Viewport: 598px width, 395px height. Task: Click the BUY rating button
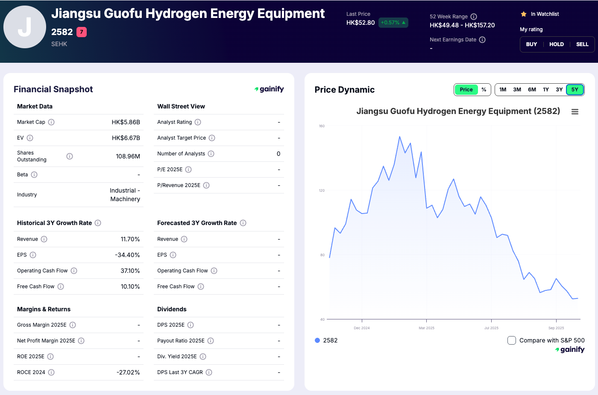[531, 44]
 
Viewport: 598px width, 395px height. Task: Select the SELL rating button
[582, 44]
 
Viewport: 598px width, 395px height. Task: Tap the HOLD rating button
[556, 44]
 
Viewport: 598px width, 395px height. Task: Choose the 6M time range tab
[532, 90]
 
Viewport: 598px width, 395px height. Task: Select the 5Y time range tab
[575, 90]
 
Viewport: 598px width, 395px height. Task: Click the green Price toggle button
[466, 90]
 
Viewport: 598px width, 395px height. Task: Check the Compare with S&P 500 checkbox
[512, 340]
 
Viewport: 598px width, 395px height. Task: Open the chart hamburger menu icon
[575, 111]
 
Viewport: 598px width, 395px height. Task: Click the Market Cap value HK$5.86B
[126, 122]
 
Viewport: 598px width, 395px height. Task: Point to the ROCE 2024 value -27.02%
[128, 372]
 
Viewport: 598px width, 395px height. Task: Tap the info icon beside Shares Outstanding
[70, 156]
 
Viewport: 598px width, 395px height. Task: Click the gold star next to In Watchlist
[524, 14]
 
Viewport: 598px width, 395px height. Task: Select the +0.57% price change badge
[393, 23]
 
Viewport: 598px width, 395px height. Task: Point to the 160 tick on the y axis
[322, 126]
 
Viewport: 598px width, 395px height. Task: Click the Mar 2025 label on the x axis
[426, 328]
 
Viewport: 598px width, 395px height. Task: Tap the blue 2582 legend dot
[317, 340]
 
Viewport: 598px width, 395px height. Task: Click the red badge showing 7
[82, 32]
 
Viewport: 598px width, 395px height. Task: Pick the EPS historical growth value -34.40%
[127, 255]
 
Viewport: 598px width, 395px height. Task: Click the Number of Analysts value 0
[278, 154]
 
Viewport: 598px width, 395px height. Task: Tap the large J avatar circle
[25, 27]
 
